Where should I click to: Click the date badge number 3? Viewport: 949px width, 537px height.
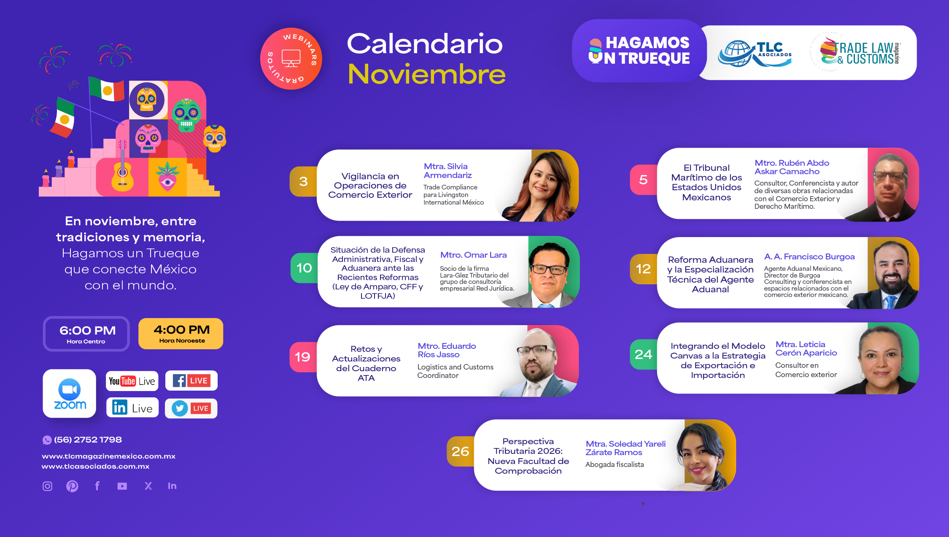coord(303,181)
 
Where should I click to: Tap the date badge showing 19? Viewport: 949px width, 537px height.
coord(303,357)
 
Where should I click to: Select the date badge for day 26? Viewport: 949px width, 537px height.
coord(460,451)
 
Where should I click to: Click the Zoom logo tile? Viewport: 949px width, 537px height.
coord(70,394)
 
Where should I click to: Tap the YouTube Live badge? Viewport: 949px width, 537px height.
coord(132,381)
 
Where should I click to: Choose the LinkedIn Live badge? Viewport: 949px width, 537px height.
coord(132,407)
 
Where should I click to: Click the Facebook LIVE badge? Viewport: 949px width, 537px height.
coord(191,381)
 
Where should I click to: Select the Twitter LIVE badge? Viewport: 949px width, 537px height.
coord(191,408)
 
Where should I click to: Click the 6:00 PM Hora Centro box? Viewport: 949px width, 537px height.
coord(86,334)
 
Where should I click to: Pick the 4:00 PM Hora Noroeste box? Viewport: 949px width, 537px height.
coord(181,334)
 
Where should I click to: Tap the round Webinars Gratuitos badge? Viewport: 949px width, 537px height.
coord(291,59)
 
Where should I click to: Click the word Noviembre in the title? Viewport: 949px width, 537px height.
coord(426,74)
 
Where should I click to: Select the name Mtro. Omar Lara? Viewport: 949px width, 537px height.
coord(474,255)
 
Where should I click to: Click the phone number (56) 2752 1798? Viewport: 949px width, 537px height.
coord(88,440)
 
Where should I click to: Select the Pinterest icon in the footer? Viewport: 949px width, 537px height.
coord(72,486)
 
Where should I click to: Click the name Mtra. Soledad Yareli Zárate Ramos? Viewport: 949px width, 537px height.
coord(626,448)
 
